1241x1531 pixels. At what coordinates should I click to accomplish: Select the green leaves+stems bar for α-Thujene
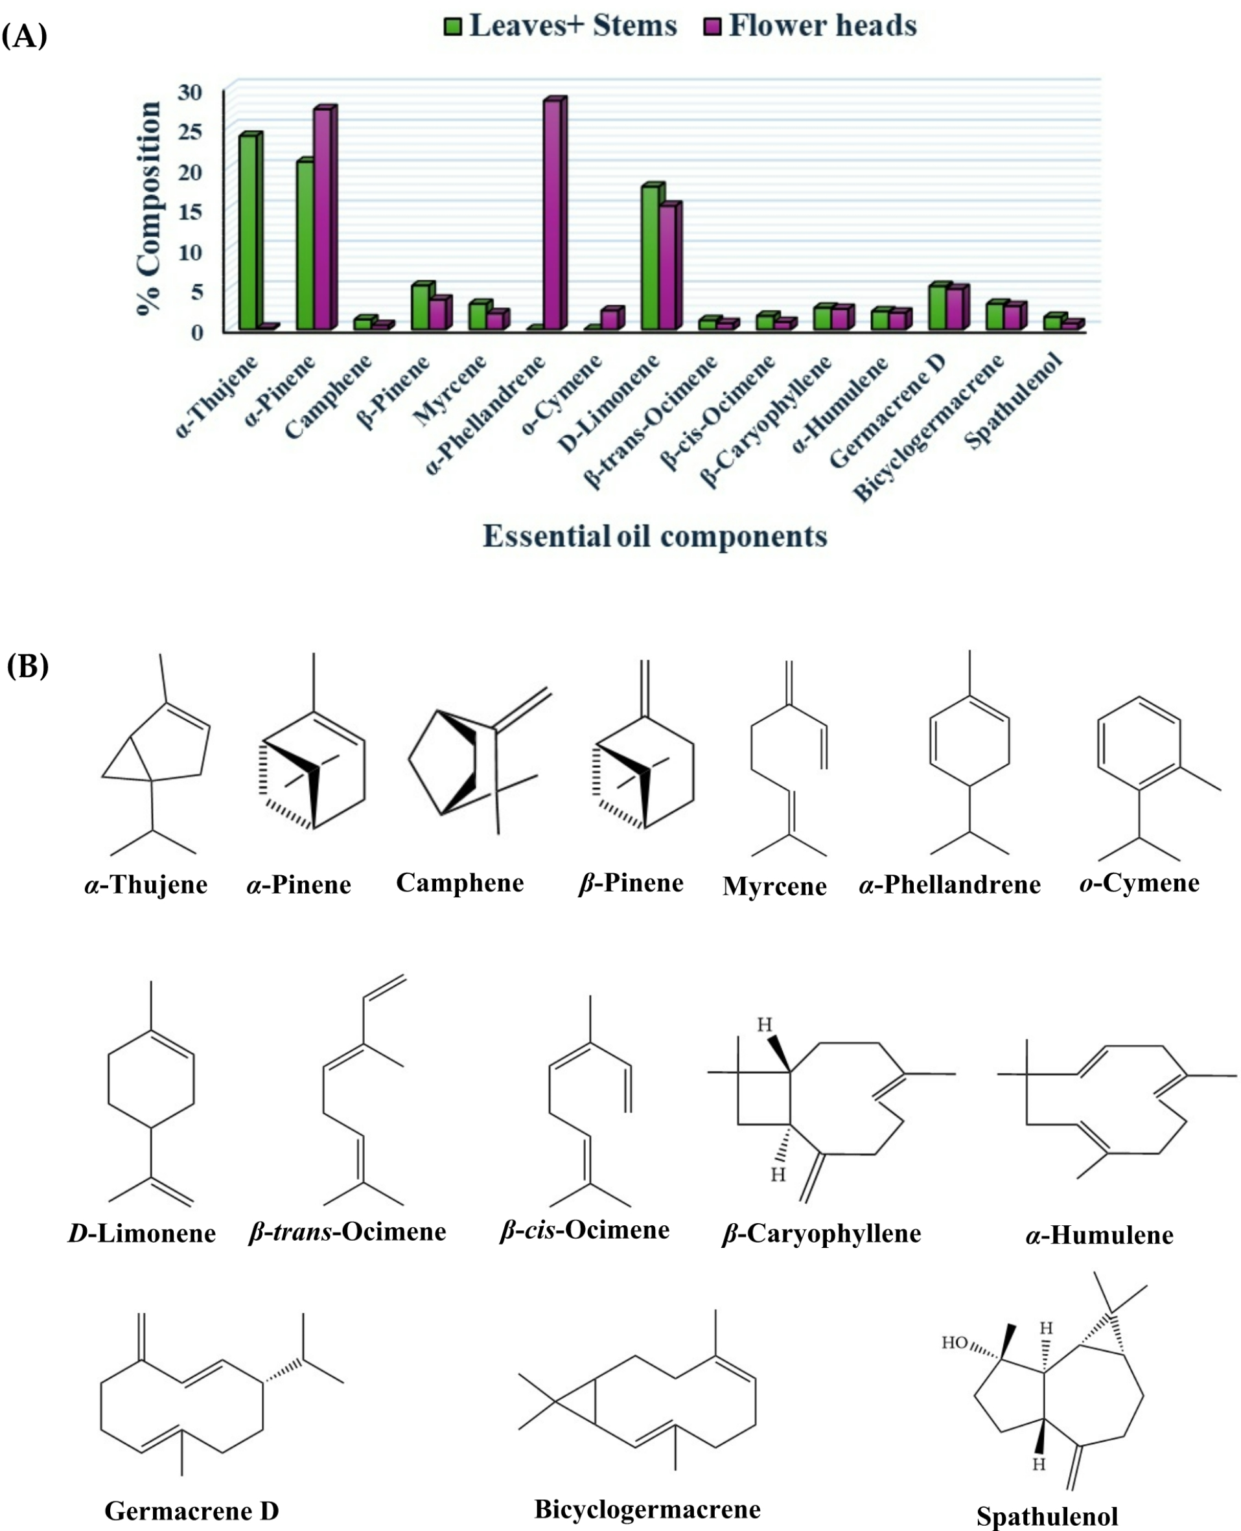tap(248, 233)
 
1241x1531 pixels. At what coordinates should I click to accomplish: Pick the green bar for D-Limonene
tap(651, 257)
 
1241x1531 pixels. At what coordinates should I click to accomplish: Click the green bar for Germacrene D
tap(938, 307)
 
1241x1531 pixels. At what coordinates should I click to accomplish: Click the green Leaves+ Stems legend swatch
tap(453, 27)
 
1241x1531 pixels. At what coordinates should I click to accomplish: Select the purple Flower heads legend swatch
tap(713, 27)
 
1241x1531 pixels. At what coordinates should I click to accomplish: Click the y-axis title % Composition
tap(148, 208)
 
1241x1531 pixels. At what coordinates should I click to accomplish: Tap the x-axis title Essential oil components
tap(655, 536)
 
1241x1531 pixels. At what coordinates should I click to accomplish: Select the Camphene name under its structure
tap(459, 882)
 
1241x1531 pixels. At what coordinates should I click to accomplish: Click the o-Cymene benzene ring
tap(1139, 743)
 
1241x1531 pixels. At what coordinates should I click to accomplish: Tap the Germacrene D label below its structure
tap(192, 1510)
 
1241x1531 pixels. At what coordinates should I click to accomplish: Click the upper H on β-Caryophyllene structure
tap(765, 1025)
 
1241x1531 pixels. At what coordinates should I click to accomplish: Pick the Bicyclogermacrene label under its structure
tap(647, 1509)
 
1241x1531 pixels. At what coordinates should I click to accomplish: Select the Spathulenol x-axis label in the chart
tap(1014, 400)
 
